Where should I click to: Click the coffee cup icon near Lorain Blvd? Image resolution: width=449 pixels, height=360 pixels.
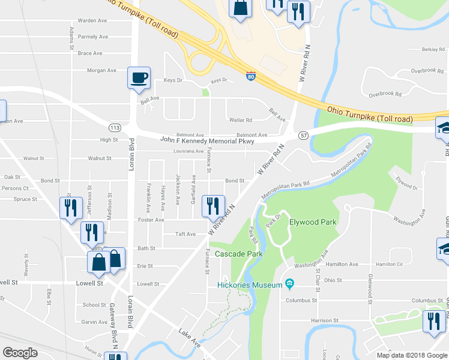[x=139, y=77]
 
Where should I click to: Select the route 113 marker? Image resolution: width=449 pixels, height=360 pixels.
[x=115, y=127]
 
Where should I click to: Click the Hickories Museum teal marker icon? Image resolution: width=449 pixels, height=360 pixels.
[x=290, y=283]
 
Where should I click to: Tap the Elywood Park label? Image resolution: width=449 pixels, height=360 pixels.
[x=312, y=222]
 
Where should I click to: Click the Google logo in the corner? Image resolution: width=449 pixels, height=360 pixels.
[x=20, y=352]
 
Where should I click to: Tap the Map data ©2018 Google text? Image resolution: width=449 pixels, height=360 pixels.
[x=411, y=355]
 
